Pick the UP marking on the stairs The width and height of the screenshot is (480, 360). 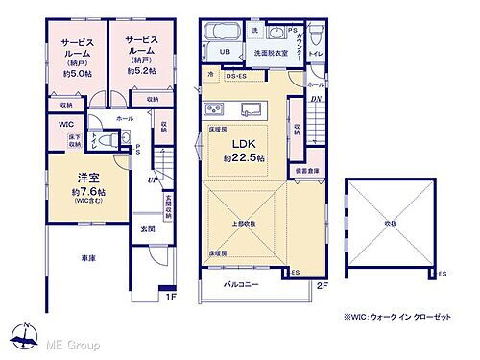[x=153, y=180]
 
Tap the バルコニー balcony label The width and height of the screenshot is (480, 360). [x=243, y=285]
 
